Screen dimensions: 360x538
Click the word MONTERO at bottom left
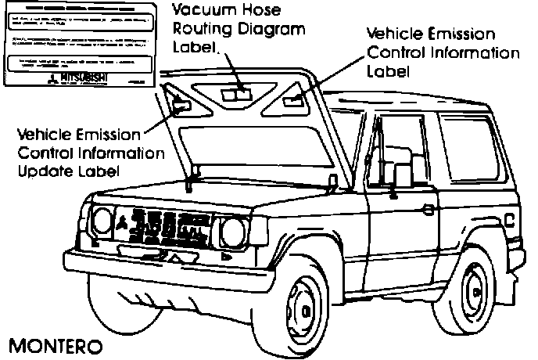55,345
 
